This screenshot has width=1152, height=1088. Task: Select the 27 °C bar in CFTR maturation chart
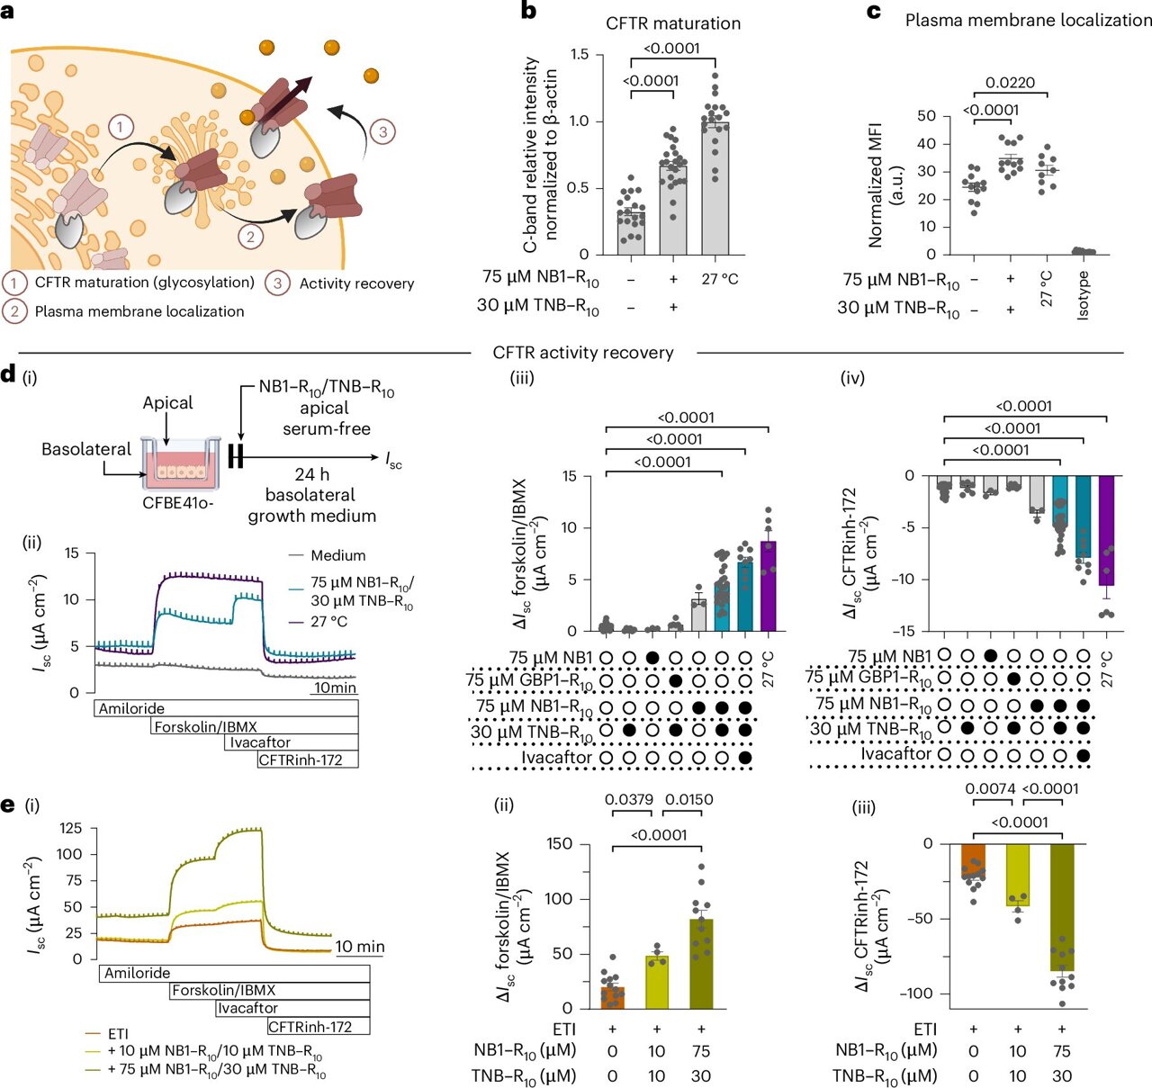point(715,189)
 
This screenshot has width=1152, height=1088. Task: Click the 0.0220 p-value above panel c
point(1010,83)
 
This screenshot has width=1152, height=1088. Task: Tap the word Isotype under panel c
point(1084,295)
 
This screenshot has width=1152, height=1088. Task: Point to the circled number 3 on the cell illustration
point(382,132)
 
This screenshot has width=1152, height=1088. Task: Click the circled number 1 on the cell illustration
point(121,127)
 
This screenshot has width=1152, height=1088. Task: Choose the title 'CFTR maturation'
point(673,23)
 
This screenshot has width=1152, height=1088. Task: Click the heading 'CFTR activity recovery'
point(583,353)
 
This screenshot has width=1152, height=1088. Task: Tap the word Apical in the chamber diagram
point(167,402)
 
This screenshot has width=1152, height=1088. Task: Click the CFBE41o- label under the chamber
point(178,502)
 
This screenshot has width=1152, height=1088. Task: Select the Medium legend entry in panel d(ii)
point(337,555)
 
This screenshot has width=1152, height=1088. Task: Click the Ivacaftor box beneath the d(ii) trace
point(260,742)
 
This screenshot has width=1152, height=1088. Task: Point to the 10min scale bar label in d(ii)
point(335,688)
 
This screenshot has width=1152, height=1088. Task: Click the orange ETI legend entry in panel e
point(118,1034)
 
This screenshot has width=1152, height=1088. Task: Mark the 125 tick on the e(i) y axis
point(70,828)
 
